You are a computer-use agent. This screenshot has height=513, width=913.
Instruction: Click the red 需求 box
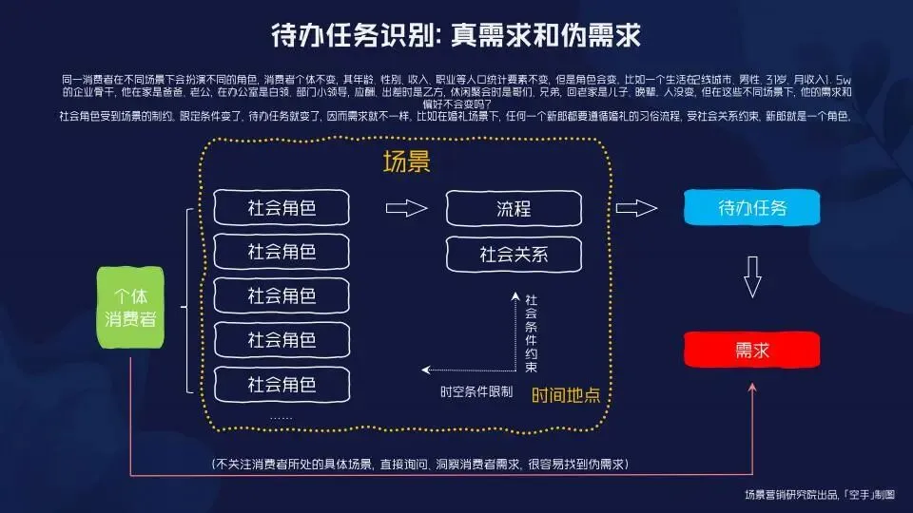click(751, 350)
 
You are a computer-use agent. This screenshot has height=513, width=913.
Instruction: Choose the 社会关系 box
click(514, 254)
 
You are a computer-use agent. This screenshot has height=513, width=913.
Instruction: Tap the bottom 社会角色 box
click(282, 384)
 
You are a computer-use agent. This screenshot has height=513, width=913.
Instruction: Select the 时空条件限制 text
click(476, 390)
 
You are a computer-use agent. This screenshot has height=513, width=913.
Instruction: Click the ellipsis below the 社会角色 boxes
click(281, 417)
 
